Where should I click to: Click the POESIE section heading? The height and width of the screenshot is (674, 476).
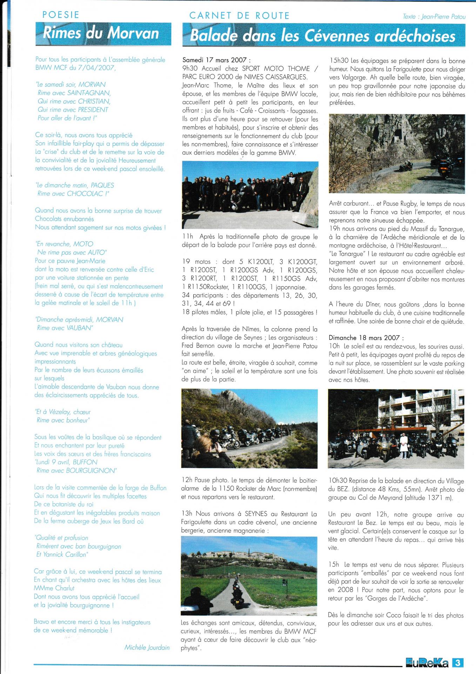point(61,15)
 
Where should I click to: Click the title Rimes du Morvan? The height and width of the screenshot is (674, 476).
point(101,33)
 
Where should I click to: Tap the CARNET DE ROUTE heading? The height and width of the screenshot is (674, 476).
point(239,16)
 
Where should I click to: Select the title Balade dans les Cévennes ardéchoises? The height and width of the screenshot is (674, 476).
point(323,36)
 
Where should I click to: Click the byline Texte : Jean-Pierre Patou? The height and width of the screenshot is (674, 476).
point(434,16)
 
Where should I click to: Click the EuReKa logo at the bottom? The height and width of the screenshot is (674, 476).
point(427,662)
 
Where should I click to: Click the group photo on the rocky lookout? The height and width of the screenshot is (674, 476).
point(250,195)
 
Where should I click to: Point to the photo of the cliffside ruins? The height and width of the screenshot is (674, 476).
point(397,154)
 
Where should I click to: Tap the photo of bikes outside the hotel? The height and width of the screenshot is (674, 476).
point(396,429)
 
